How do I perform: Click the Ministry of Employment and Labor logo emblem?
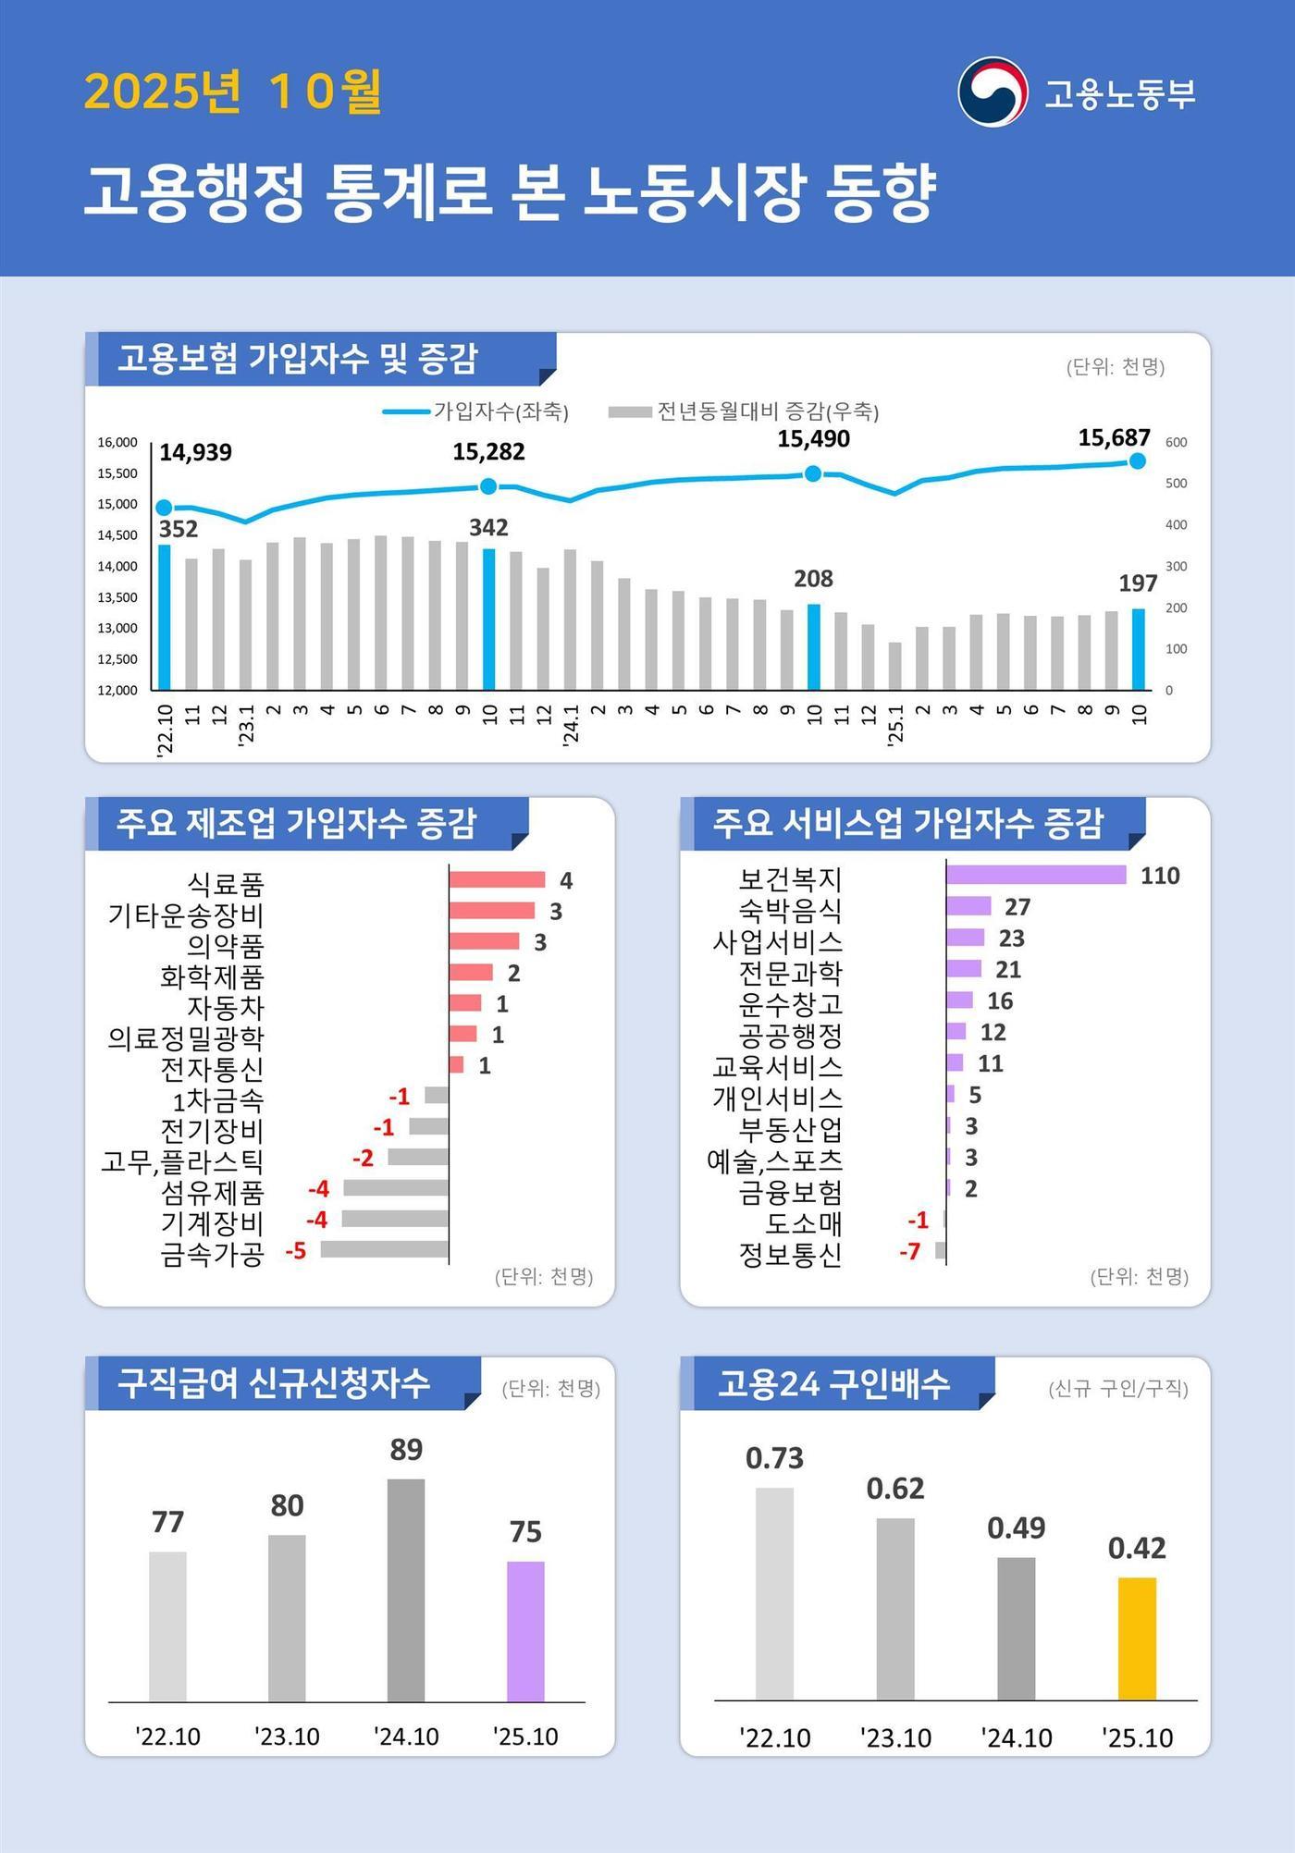[x=993, y=92]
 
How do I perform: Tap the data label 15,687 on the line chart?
[x=1114, y=437]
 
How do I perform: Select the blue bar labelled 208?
[x=814, y=646]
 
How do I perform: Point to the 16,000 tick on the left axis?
[x=117, y=443]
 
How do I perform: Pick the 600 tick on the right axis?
[x=1176, y=443]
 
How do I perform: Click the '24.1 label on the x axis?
[x=571, y=724]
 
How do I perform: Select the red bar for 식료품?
[x=497, y=879]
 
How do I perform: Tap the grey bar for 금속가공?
[x=384, y=1250]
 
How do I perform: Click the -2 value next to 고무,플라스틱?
[x=363, y=1159]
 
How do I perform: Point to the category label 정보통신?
[x=790, y=1255]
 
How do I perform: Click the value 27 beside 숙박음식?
[x=1017, y=907]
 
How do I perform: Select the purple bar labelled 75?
[x=525, y=1631]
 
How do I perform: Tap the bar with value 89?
[x=406, y=1589]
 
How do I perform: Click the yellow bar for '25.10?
[x=1137, y=1638]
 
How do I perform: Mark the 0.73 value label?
[x=774, y=1458]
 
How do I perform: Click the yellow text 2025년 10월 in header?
[x=233, y=92]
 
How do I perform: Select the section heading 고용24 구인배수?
[x=833, y=1384]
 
